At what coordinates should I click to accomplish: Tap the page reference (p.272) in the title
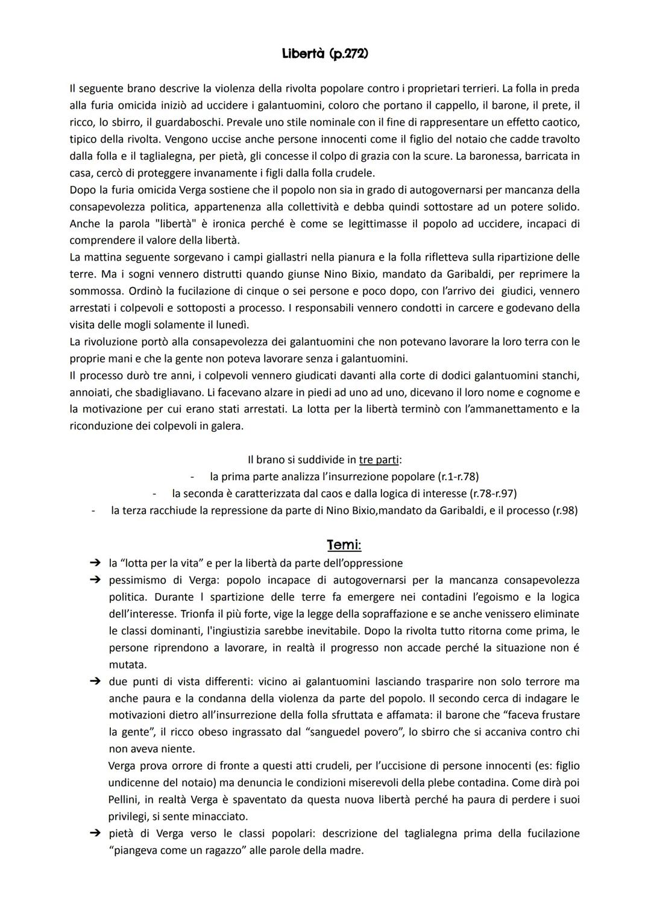[348, 54]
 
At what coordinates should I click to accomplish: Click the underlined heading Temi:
[344, 545]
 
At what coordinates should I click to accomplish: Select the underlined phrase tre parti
[379, 460]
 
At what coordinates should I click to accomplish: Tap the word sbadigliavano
[172, 393]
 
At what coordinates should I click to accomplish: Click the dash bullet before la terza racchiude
[93, 510]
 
